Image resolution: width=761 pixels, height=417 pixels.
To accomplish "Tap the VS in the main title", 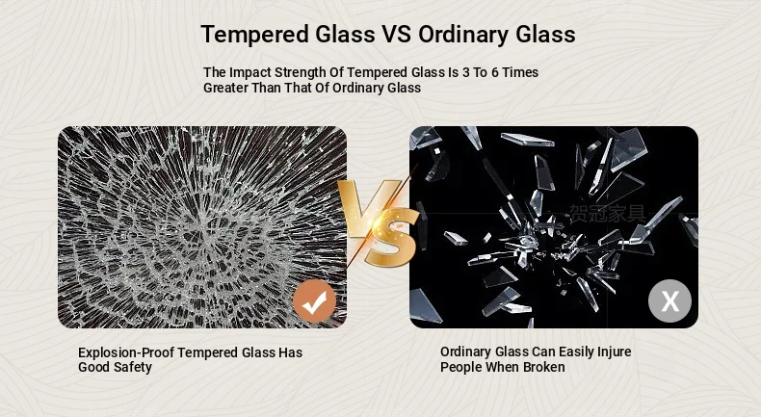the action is click(397, 34).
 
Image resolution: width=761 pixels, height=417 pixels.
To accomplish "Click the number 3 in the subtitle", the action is click(466, 72).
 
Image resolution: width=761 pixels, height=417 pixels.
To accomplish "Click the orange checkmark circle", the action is click(314, 301).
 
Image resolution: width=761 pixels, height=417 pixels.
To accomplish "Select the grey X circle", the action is click(669, 301).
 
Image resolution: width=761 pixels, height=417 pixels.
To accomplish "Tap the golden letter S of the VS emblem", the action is click(392, 238).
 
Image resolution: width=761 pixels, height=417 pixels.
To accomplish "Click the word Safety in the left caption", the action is click(133, 368).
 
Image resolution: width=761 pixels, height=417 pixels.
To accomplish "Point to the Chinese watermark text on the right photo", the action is click(608, 214).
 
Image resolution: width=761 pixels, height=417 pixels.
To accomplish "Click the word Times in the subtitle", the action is click(520, 72).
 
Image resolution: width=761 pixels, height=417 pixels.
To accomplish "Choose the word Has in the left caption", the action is click(290, 352).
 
